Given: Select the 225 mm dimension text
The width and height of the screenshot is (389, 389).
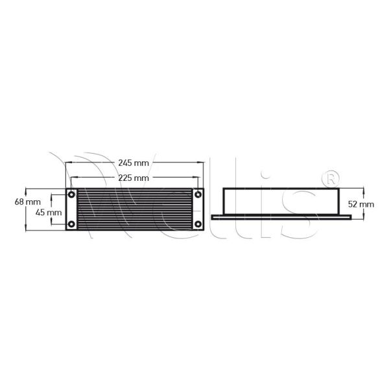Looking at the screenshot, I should pyautogui.click(x=134, y=177).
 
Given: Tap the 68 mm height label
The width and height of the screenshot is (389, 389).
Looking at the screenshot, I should pyautogui.click(x=11, y=202).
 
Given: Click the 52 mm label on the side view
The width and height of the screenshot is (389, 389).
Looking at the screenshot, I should pyautogui.click(x=361, y=203).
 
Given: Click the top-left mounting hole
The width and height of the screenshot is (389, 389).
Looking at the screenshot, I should pyautogui.click(x=71, y=194).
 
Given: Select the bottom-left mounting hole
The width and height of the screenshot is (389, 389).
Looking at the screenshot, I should pyautogui.click(x=71, y=224).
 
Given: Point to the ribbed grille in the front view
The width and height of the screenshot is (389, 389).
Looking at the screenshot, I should pyautogui.click(x=134, y=209).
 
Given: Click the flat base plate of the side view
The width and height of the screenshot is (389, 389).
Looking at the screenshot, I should pyautogui.click(x=281, y=216).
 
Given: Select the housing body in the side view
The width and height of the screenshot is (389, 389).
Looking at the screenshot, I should pyautogui.click(x=280, y=201).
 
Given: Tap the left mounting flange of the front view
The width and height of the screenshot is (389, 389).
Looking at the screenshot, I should pyautogui.click(x=71, y=209).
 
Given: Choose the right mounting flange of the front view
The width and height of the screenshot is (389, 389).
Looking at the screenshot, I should pyautogui.click(x=198, y=209).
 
